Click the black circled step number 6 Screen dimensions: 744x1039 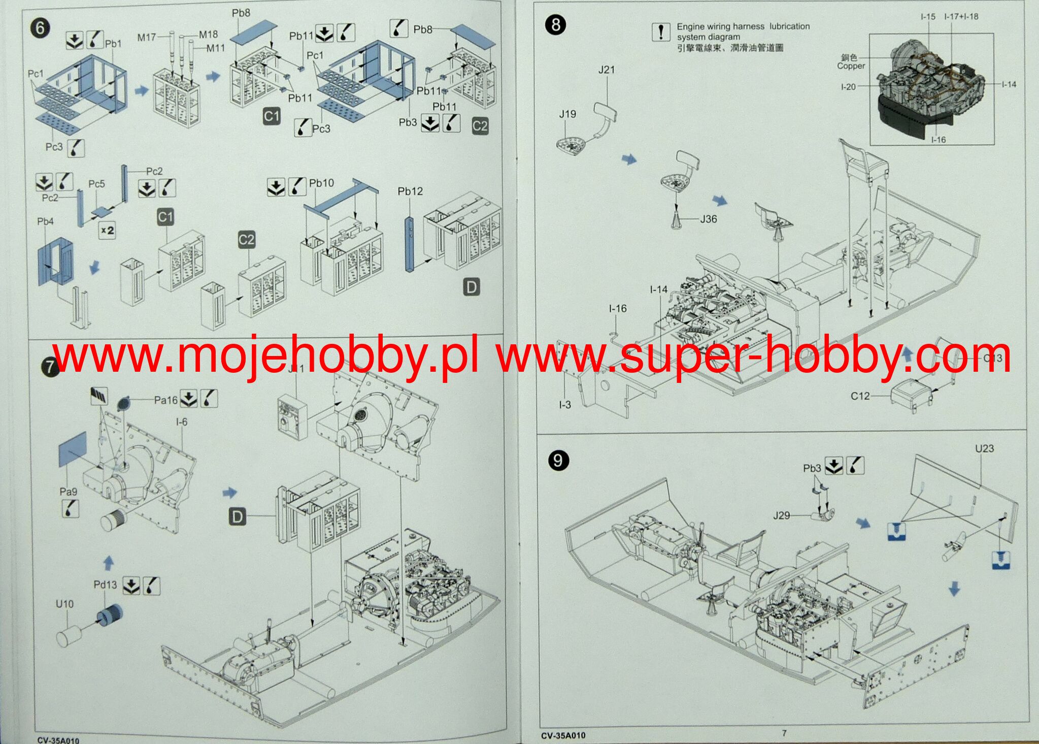point(40,28)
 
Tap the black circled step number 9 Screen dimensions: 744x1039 point(558,461)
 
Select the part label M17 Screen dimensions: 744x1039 point(147,37)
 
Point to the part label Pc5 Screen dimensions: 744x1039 point(96,184)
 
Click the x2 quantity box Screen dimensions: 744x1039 point(107,231)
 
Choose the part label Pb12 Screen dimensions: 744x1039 point(410,191)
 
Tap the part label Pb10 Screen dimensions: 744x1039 point(321,183)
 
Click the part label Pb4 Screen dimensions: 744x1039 point(45,221)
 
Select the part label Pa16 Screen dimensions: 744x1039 point(166,400)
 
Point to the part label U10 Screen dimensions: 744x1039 point(64,604)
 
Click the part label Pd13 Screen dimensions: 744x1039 point(105,585)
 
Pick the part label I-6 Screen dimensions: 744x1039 point(181,422)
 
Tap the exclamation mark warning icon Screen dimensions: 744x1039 point(660,32)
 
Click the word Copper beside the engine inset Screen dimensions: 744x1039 point(851,66)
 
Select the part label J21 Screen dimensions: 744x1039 point(607,70)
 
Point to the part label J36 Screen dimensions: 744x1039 point(709,219)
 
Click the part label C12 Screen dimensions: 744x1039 point(860,396)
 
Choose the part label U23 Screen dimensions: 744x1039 point(984,448)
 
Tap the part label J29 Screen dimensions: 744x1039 point(782,515)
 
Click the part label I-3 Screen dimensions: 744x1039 point(565,405)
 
